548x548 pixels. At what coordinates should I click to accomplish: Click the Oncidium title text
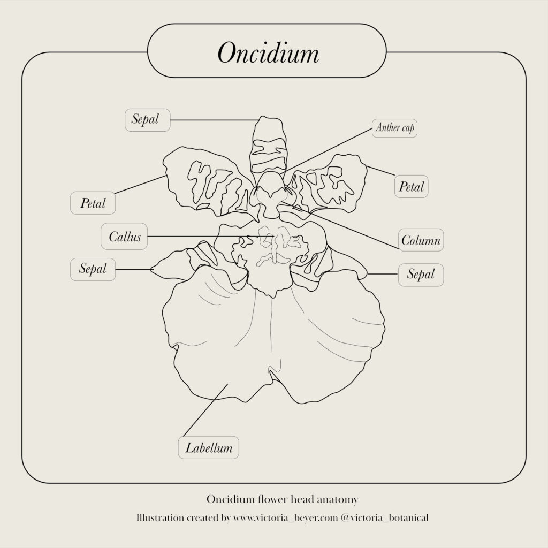pyautogui.click(x=268, y=53)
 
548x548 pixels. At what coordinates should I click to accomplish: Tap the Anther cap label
pyautogui.click(x=394, y=128)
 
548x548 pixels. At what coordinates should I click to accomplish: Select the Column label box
pyautogui.click(x=421, y=240)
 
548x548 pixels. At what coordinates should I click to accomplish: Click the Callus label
pyautogui.click(x=124, y=237)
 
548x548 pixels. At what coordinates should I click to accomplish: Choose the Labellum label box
pyautogui.click(x=209, y=448)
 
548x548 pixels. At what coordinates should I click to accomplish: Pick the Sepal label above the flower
pyautogui.click(x=148, y=120)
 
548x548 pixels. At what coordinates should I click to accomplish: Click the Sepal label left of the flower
pyautogui.click(x=93, y=270)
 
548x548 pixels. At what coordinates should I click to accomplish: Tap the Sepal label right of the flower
pyautogui.click(x=421, y=275)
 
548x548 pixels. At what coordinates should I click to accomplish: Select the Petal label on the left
pyautogui.click(x=93, y=203)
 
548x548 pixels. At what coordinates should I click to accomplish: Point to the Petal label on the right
pyautogui.click(x=412, y=187)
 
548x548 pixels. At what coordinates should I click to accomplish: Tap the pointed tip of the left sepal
pyautogui.click(x=151, y=270)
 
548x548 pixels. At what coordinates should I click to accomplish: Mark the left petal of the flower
pyautogui.click(x=210, y=182)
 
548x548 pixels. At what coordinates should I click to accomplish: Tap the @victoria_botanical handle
pyautogui.click(x=384, y=517)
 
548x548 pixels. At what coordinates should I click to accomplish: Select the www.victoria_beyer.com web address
pyautogui.click(x=286, y=517)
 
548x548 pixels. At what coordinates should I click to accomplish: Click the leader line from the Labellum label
pyautogui.click(x=205, y=410)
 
